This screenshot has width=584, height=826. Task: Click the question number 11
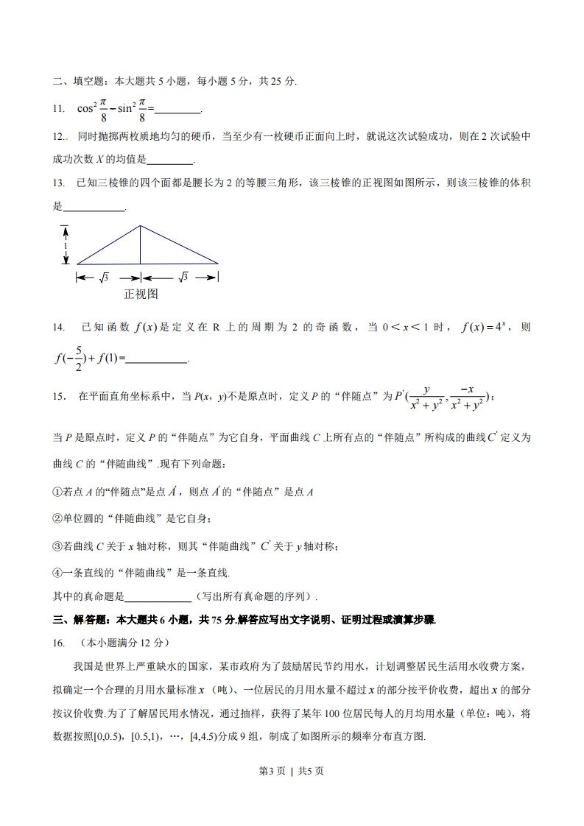coord(58,109)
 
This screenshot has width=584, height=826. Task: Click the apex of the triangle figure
coord(141,225)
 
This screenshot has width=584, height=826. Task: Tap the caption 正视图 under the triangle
coord(141,294)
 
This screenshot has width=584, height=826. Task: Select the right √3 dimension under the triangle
coord(183,278)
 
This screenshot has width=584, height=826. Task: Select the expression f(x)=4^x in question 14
coord(484,327)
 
